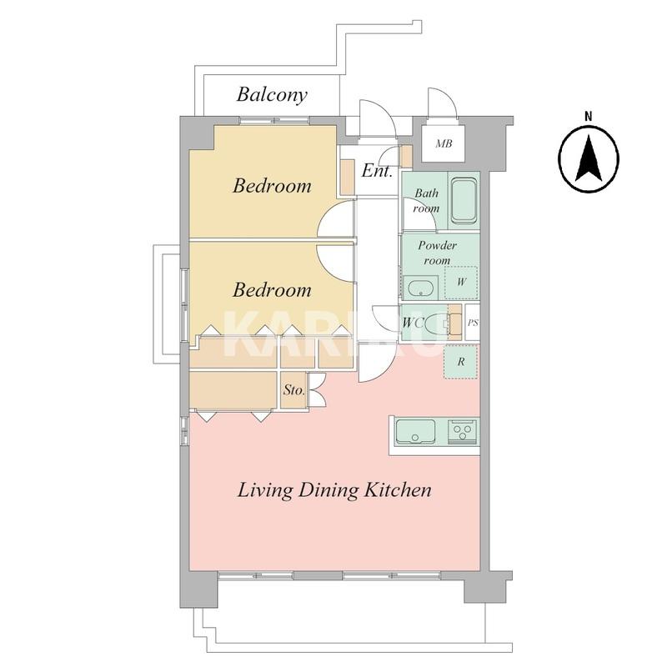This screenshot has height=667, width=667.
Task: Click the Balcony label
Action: tap(272, 94)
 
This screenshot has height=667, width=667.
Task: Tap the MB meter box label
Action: tap(444, 143)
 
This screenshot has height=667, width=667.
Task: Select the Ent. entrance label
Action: tap(377, 171)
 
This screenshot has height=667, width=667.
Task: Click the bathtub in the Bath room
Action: tap(464, 200)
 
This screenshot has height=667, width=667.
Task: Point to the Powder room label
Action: tap(437, 253)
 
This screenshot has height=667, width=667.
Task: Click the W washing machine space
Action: tap(461, 283)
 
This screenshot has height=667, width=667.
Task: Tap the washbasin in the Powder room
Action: tap(420, 288)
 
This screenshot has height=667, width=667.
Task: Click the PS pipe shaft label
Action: tap(473, 323)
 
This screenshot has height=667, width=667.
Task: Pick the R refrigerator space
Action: tap(461, 362)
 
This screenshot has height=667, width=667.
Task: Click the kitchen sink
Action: tap(415, 432)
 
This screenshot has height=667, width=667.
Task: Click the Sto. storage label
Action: tap(294, 389)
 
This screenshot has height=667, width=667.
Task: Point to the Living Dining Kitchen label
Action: tap(334, 489)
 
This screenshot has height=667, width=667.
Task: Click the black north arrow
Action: tap(589, 158)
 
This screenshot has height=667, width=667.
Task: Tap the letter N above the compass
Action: tap(589, 116)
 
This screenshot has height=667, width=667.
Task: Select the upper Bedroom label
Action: tap(273, 186)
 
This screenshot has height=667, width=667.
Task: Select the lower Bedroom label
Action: tap(273, 290)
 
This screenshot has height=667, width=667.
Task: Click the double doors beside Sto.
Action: tap(317, 389)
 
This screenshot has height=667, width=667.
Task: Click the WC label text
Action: tap(414, 323)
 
